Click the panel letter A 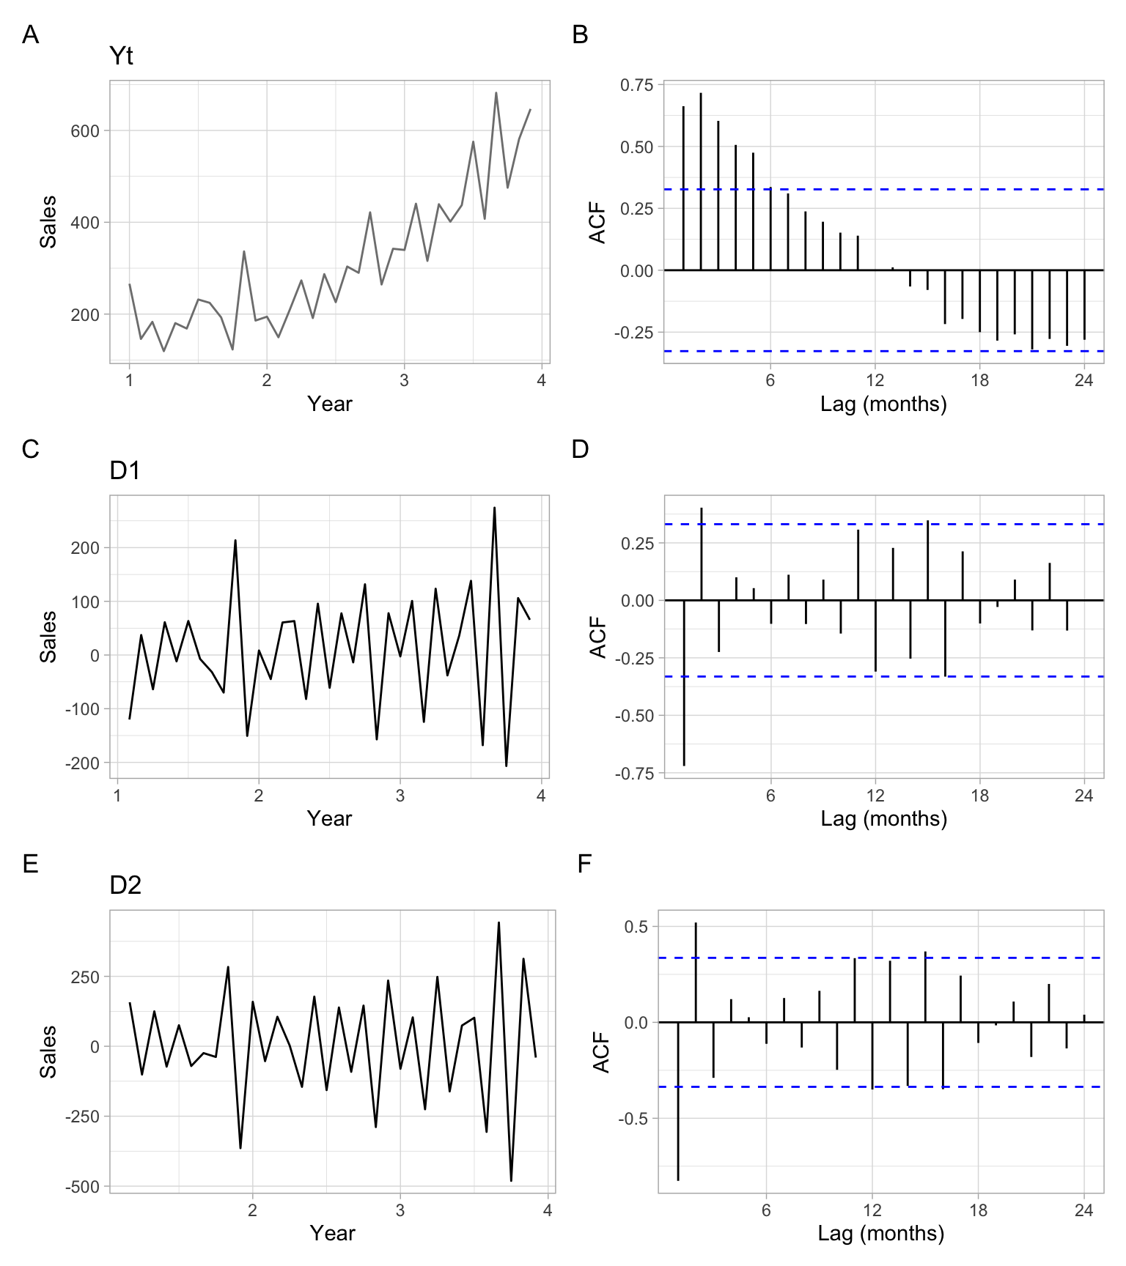coord(30,34)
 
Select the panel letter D coord(580,449)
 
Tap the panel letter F coord(584,864)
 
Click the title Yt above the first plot coord(121,56)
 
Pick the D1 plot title coord(125,470)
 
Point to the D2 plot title coord(125,886)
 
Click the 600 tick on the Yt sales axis coord(85,131)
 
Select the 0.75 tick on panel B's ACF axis coord(636,85)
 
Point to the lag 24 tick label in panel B coord(1083,380)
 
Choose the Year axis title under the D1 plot coord(329,818)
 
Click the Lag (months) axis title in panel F coord(880,1233)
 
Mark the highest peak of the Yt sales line coord(496,93)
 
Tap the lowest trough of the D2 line coord(511,1180)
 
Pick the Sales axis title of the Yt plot coord(48,221)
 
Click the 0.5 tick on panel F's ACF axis coord(636,927)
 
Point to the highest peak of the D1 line coord(494,507)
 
